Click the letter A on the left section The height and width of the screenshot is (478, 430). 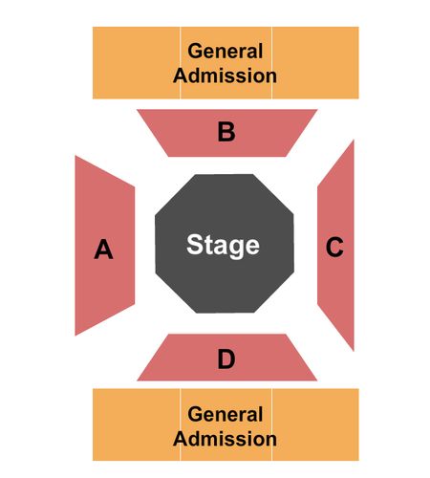click(103, 249)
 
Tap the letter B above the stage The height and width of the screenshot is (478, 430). click(226, 132)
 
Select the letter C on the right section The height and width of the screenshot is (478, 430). click(334, 247)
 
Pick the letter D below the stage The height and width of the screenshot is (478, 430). click(226, 359)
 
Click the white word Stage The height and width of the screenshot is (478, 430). click(223, 245)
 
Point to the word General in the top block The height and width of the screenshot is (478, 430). click(226, 51)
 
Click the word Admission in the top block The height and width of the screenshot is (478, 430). click(225, 76)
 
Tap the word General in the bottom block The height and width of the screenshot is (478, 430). click(226, 414)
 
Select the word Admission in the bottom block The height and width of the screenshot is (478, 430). click(225, 439)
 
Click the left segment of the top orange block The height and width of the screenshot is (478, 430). click(137, 63)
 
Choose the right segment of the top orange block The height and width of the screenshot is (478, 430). click(315, 63)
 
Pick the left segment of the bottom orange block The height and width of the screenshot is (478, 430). click(137, 424)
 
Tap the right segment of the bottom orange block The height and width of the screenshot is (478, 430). click(315, 424)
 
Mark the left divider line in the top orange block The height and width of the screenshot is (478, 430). click(181, 63)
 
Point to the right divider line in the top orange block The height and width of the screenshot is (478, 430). click(271, 63)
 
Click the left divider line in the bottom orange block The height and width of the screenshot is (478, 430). click(181, 424)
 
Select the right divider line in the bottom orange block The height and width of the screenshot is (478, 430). click(271, 424)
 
